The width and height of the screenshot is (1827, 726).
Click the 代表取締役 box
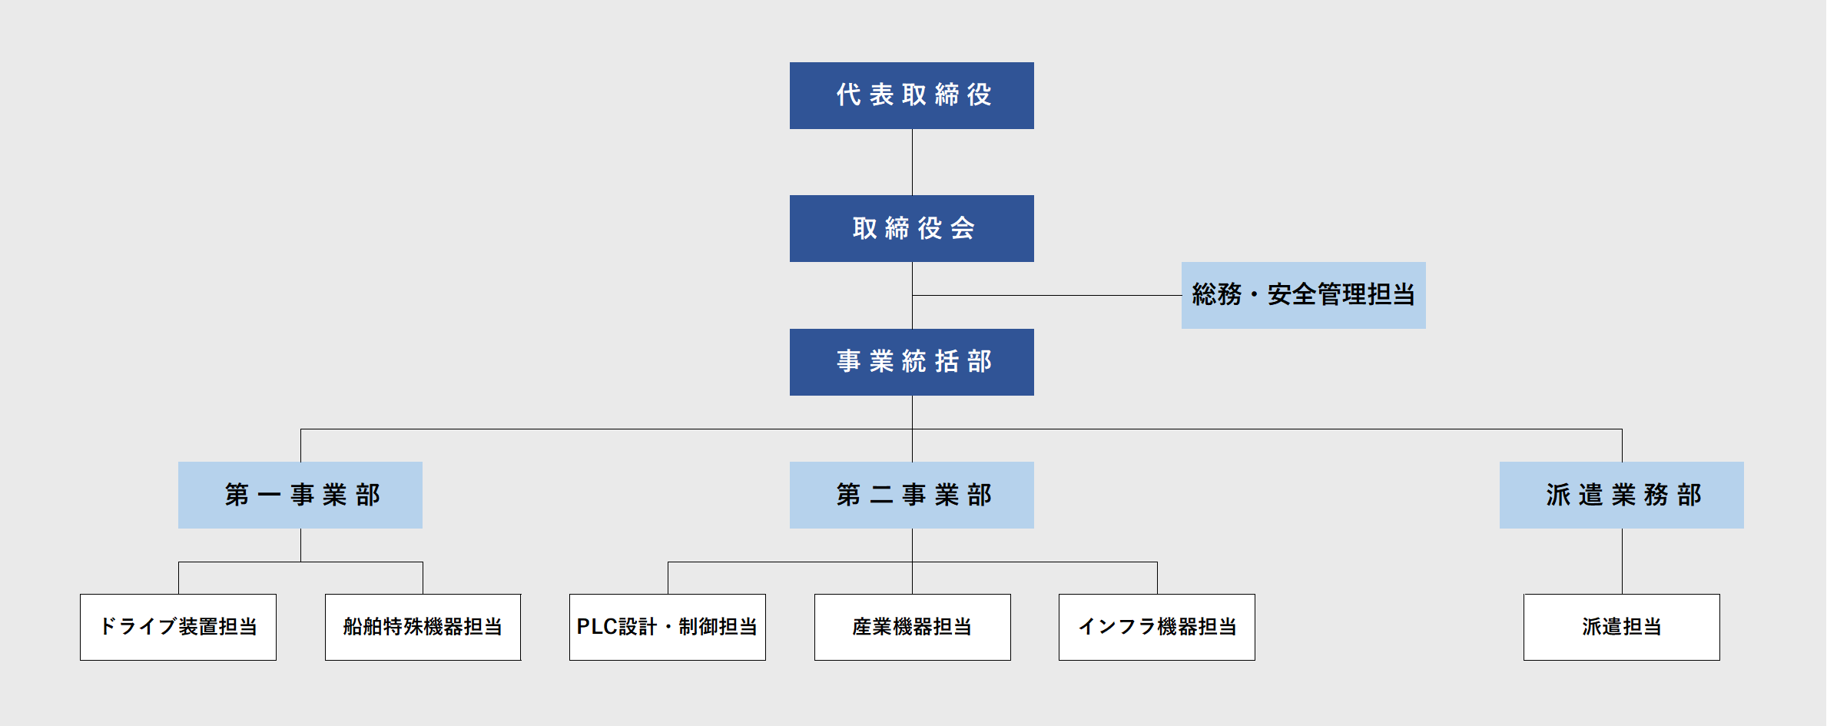click(x=911, y=95)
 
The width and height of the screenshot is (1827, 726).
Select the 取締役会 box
click(x=911, y=228)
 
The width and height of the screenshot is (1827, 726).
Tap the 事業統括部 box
click(x=911, y=362)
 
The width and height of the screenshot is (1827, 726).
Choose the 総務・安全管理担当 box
click(x=1303, y=295)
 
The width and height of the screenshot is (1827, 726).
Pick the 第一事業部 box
click(x=300, y=495)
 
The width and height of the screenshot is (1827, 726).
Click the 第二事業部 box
click(x=911, y=495)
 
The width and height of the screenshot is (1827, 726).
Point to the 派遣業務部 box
click(x=1621, y=495)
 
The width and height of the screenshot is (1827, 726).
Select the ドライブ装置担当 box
click(x=178, y=627)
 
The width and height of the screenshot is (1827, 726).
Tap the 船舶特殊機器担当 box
click(x=423, y=627)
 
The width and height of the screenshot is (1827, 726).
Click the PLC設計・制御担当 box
click(x=667, y=627)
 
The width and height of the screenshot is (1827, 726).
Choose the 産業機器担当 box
click(x=912, y=627)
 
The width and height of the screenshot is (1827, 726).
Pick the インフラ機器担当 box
click(x=1156, y=627)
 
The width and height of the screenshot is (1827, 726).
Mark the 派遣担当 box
click(x=1621, y=627)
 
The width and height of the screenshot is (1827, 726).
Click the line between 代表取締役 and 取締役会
click(x=912, y=162)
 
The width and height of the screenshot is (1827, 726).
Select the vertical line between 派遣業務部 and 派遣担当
click(x=1622, y=561)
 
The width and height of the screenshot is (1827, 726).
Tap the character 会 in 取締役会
click(x=963, y=228)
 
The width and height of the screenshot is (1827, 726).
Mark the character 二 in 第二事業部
click(x=881, y=495)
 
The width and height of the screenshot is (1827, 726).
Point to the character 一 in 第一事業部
click(x=269, y=495)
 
